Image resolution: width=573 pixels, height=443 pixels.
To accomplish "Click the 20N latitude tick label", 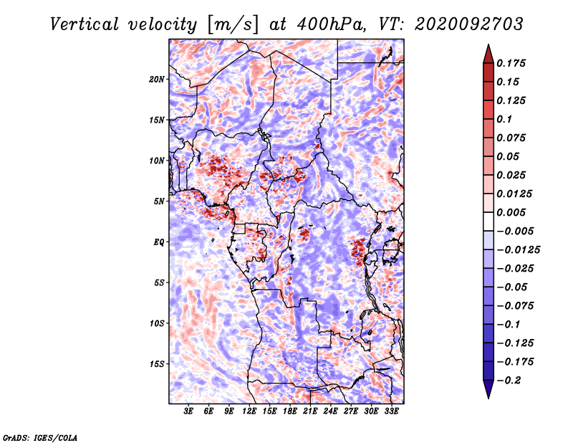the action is pos(157,80).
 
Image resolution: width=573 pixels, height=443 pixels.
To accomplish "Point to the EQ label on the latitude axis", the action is pos(159,242).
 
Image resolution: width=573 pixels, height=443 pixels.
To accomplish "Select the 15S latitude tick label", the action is pos(157,364).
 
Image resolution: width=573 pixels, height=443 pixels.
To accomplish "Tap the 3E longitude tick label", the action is pos(188,411).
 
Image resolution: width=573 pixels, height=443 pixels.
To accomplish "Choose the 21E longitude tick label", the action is pos(310,411).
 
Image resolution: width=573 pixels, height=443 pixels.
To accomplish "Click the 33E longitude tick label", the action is pos(391,411).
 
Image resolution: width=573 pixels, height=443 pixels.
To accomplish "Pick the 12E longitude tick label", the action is pos(249,411).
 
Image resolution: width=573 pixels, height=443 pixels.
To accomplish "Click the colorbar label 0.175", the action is pos(511,63).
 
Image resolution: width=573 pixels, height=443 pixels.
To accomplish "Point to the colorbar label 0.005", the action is pos(511,212).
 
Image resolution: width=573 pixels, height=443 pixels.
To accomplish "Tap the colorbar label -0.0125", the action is pos(519,250).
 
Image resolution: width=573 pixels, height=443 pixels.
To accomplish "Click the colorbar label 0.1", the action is pos(504,119).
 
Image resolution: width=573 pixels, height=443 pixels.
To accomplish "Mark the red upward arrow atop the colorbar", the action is pos(488,54).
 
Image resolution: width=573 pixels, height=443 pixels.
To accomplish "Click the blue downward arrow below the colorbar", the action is pos(488,389).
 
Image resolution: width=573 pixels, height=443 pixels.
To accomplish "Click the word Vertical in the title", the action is pos(85,24).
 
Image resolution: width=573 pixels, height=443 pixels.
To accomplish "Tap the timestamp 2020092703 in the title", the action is pos(469,24).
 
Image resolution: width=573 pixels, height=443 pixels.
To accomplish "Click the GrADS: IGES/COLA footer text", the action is pos(40,438).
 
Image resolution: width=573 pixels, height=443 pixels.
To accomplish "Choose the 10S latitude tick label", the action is pos(157,324).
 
